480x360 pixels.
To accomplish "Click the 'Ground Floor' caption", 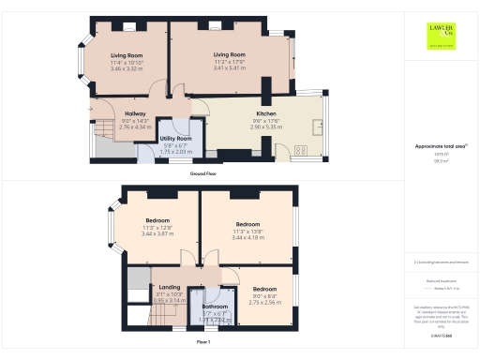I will click(204, 174).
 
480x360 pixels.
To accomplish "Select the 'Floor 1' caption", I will click(202, 343).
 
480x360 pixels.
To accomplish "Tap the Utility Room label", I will click(176, 137).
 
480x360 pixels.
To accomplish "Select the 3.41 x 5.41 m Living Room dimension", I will click(229, 68).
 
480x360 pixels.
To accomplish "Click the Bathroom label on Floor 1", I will click(216, 306).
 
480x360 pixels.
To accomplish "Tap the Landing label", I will click(170, 287).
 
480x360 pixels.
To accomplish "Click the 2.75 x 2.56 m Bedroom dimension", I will click(265, 303).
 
